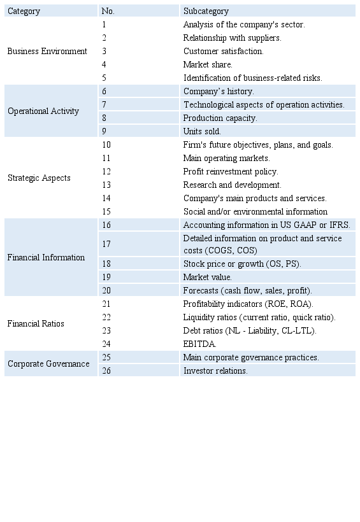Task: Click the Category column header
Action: pos(24,11)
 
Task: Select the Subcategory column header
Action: pos(206,11)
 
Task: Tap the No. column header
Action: pos(108,11)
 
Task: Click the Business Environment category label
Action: pos(47,51)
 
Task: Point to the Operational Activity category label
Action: pos(43,111)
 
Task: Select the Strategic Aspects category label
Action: pos(39,178)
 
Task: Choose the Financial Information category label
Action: pos(46,257)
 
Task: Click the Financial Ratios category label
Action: pos(36,323)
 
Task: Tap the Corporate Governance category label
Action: pos(48,363)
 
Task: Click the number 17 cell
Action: pos(106,244)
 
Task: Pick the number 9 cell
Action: pos(104,131)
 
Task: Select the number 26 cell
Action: pos(106,370)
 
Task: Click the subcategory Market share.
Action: pos(208,64)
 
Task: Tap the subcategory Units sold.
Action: pos(202,131)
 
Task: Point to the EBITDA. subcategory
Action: pos(200,344)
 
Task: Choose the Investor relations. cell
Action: pos(215,370)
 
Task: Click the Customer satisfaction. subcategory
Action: pos(223,51)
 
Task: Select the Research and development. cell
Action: pos(232,185)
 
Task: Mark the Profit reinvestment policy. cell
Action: pos(231,171)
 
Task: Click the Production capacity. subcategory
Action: pos(220,118)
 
